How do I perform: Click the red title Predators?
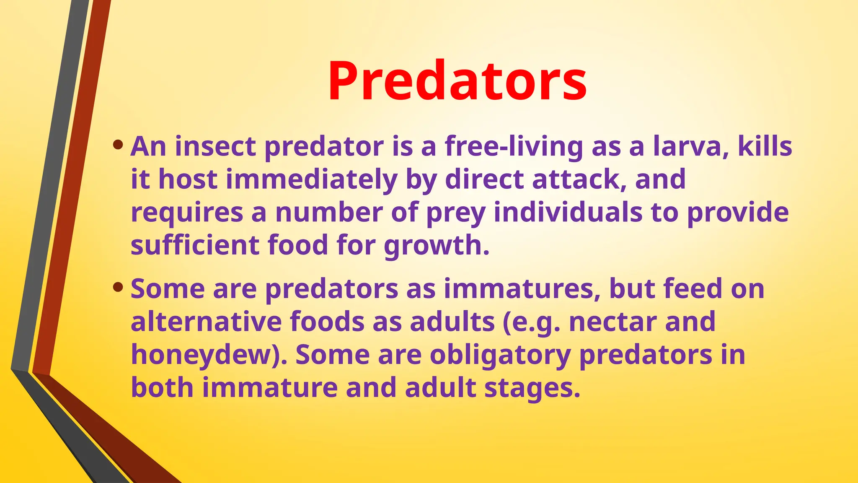pos(457,81)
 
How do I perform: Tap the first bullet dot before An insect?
pos(118,145)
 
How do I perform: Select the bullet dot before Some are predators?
pos(118,287)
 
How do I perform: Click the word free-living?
pos(514,147)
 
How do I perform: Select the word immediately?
pos(311,179)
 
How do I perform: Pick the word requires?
pos(187,213)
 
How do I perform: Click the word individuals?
pos(568,213)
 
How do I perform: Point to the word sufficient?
pos(195,245)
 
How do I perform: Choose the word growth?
pos(436,246)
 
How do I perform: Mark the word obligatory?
pos(500,355)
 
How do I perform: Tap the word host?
pos(188,179)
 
